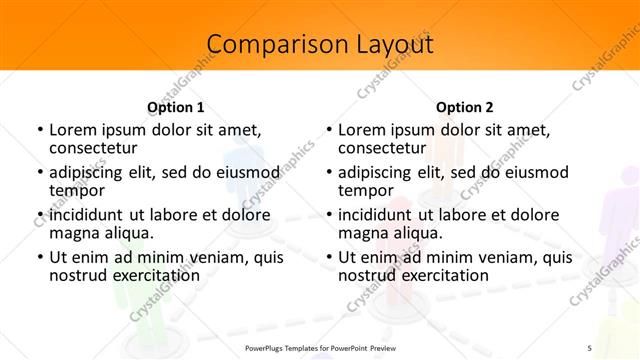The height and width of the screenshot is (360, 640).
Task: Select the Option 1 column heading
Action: click(x=175, y=106)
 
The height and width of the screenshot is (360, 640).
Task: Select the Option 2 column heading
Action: click(x=464, y=106)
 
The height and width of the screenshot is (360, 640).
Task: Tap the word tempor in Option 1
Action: click(x=75, y=191)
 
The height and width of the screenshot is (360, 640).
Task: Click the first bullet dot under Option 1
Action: click(x=39, y=130)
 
